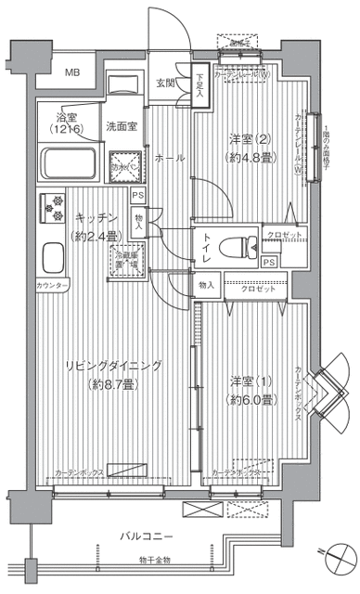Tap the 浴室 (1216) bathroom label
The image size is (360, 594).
[67, 123]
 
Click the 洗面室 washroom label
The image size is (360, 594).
[121, 125]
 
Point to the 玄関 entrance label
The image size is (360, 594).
[165, 83]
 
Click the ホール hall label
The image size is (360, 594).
[168, 157]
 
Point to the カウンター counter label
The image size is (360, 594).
[51, 285]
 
